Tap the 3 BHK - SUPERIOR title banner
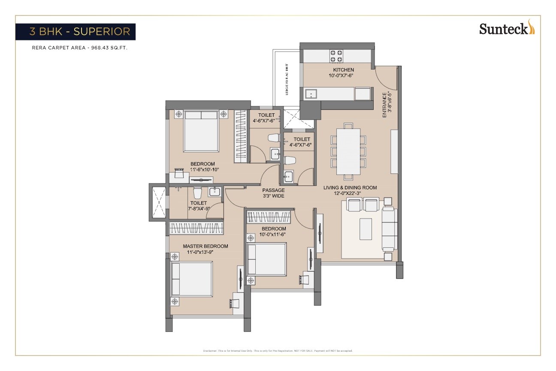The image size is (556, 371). click(x=76, y=32)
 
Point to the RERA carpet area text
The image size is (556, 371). click(x=80, y=48)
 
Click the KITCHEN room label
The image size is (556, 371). click(x=344, y=70)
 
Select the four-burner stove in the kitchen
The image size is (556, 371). click(x=335, y=56)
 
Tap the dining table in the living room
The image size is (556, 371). click(x=348, y=151)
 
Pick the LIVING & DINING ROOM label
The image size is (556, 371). click(x=350, y=188)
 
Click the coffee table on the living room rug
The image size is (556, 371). click(x=366, y=229)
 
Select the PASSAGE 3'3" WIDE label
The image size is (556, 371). click(x=274, y=193)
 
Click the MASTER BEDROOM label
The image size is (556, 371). click(x=205, y=246)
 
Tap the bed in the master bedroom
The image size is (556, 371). click(x=192, y=279)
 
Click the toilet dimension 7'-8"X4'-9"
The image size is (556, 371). click(x=198, y=209)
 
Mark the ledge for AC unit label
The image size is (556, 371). click(x=287, y=79)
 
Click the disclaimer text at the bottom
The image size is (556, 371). click(x=278, y=351)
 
